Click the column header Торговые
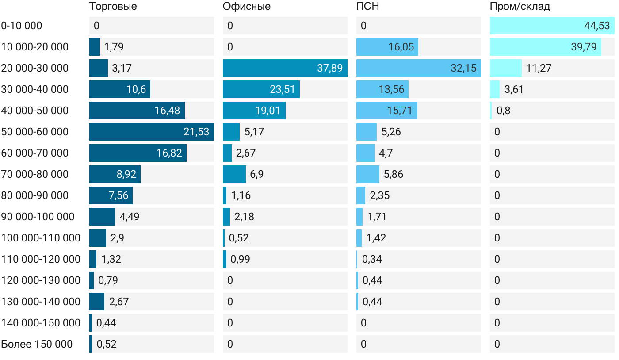point(113,7)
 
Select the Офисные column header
point(247,7)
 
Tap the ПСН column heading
point(367,7)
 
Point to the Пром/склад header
point(520,7)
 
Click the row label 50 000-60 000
point(35,132)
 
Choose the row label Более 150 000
point(37,344)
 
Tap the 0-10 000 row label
point(22,26)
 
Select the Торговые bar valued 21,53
point(151,132)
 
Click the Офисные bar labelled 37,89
point(285,68)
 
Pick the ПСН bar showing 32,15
point(418,68)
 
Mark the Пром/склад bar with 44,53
point(552,26)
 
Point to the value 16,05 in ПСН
point(401,47)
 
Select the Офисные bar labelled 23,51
point(261,89)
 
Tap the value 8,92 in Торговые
point(126,174)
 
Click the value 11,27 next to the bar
point(539,68)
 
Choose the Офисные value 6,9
point(257,174)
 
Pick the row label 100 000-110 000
point(41,238)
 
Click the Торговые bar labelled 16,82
point(138,153)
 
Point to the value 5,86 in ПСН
point(394,174)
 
